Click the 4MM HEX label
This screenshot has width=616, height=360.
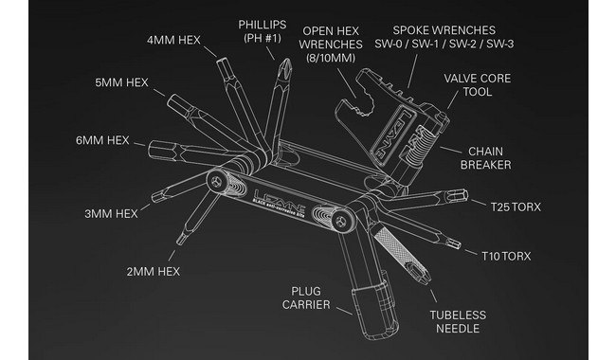coord(173,40)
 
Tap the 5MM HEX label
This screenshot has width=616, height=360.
coord(122,82)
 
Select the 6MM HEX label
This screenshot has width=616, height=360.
coord(102,140)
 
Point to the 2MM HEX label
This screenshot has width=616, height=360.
coord(154,271)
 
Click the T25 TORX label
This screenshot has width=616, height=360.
coord(516,207)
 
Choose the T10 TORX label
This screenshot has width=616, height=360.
coord(506,256)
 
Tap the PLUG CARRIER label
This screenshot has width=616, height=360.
coord(306,298)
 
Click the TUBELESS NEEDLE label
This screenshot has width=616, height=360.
coord(458,321)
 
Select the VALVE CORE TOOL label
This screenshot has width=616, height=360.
coord(478,85)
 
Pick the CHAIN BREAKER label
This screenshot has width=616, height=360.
coord(485,158)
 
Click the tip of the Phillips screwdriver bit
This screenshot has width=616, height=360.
coord(287,60)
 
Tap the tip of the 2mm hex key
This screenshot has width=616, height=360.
coord(180,241)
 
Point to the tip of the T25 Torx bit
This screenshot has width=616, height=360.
coord(466,194)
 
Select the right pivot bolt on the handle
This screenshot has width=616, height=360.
coord(340,222)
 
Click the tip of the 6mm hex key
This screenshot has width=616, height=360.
coord(151,149)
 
